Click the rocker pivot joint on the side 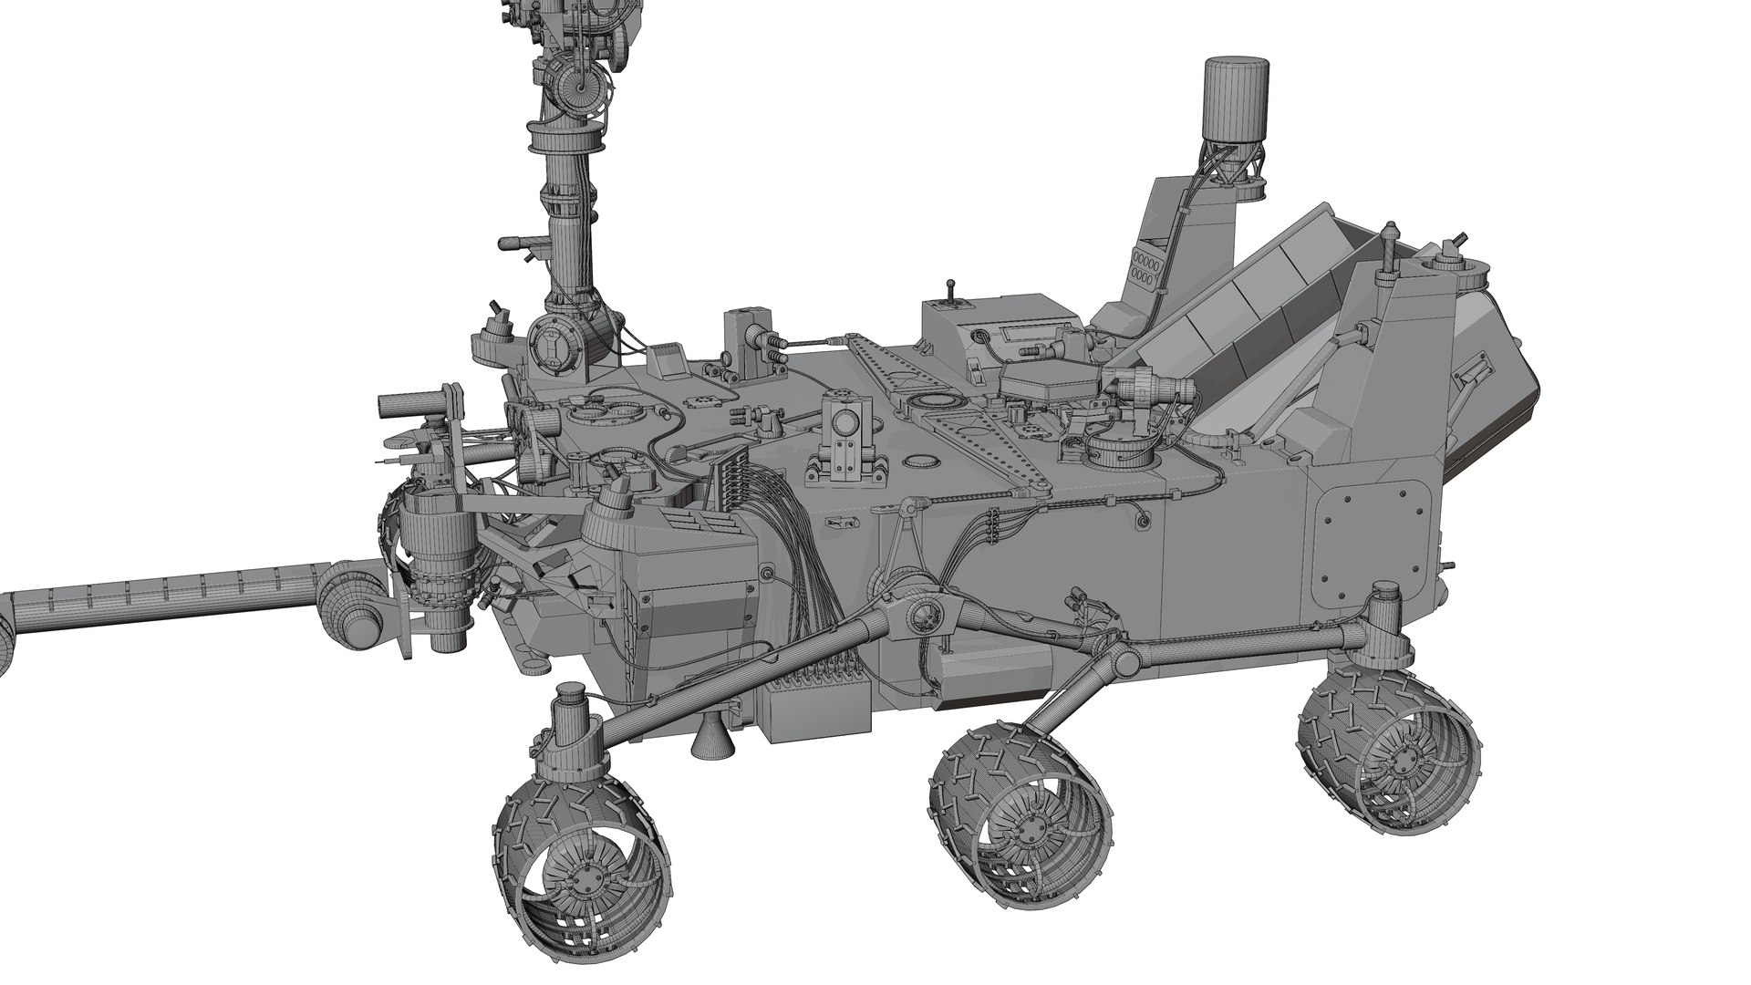tap(921, 617)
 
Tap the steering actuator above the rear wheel tap(1380, 624)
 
